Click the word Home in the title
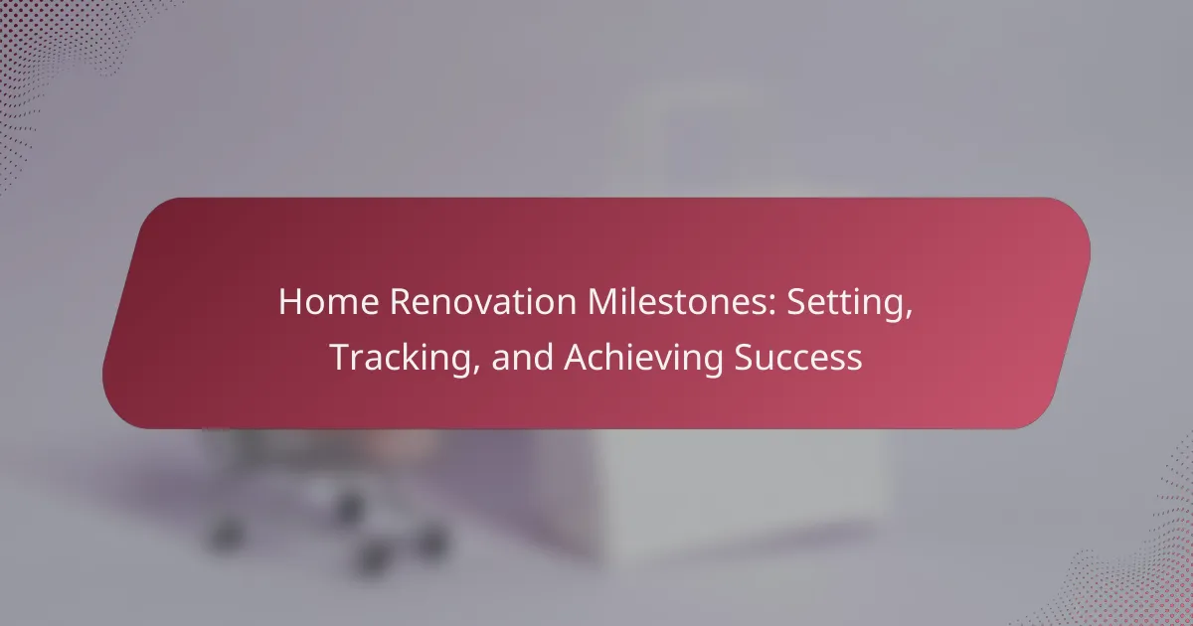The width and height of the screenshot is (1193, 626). click(x=329, y=302)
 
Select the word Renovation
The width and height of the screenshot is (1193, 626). click(x=483, y=302)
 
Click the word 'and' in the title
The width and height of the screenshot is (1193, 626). click(x=522, y=357)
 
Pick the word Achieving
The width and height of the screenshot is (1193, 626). click(x=643, y=359)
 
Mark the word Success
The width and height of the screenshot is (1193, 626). click(x=797, y=357)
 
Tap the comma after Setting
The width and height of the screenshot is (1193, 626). click(x=907, y=315)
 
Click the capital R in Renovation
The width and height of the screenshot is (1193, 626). click(x=401, y=302)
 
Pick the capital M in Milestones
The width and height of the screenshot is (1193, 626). click(x=601, y=302)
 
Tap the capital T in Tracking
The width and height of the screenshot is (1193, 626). click(x=340, y=357)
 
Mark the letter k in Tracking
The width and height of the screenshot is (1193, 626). click(x=411, y=356)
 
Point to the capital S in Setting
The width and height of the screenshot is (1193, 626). click(x=795, y=302)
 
